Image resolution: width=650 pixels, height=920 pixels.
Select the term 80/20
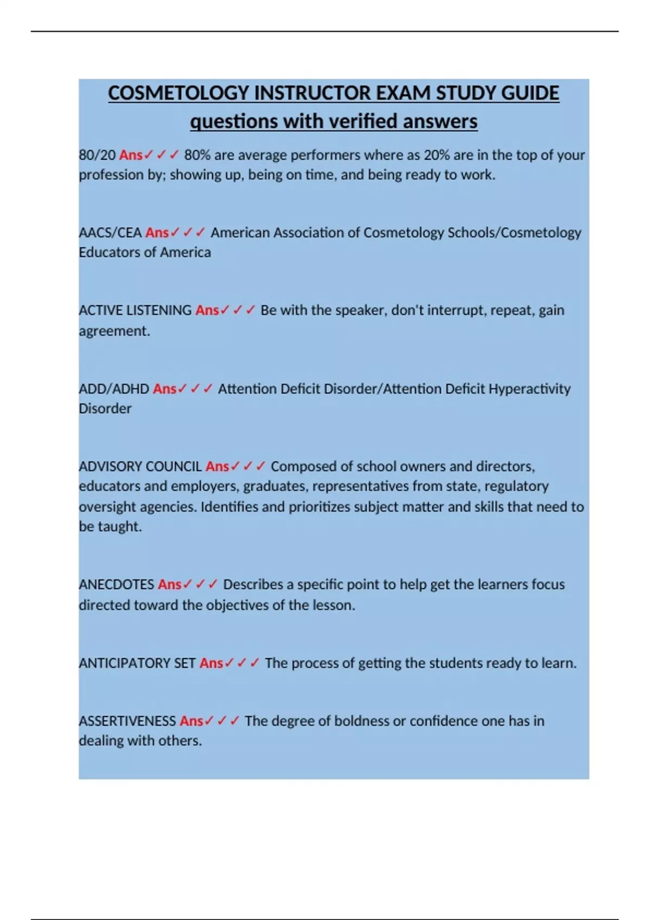(97, 155)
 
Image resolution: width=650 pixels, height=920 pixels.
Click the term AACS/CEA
(110, 233)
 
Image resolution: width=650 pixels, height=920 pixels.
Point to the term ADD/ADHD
(114, 389)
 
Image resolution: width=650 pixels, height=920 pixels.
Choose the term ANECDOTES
(116, 585)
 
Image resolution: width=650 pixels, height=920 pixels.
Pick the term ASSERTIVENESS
(127, 721)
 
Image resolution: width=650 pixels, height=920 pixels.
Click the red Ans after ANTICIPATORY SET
(211, 663)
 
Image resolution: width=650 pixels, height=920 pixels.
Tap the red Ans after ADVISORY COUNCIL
(217, 466)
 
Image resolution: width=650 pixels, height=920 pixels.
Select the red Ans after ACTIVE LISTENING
(207, 311)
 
